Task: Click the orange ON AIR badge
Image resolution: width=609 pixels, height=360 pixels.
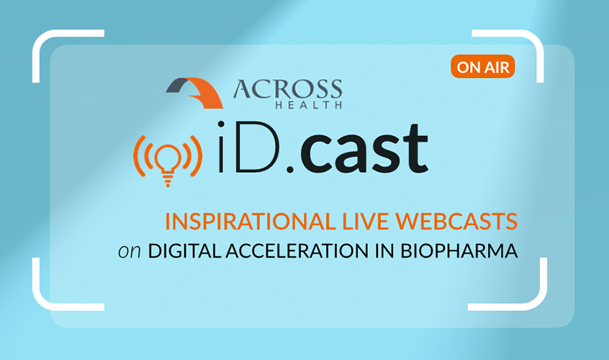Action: click(x=483, y=67)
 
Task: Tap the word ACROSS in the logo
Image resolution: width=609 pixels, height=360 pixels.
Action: click(x=288, y=90)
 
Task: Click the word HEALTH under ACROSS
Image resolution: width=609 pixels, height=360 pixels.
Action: click(x=309, y=104)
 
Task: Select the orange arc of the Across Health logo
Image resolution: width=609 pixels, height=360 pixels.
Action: click(x=205, y=93)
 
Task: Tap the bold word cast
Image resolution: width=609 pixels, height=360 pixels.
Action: click(x=364, y=148)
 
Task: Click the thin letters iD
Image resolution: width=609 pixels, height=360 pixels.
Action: click(x=249, y=147)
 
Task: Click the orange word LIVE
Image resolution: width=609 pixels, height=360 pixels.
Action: click(x=365, y=221)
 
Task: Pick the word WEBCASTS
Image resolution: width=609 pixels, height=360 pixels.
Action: click(x=456, y=221)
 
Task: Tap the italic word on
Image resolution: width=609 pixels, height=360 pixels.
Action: click(x=130, y=252)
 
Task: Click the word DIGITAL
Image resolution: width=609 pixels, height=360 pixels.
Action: click(x=184, y=251)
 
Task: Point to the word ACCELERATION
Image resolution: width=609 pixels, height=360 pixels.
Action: click(x=297, y=251)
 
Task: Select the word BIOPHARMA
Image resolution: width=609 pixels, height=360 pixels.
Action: click(x=459, y=251)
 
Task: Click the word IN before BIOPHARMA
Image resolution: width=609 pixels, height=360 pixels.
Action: click(x=384, y=251)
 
